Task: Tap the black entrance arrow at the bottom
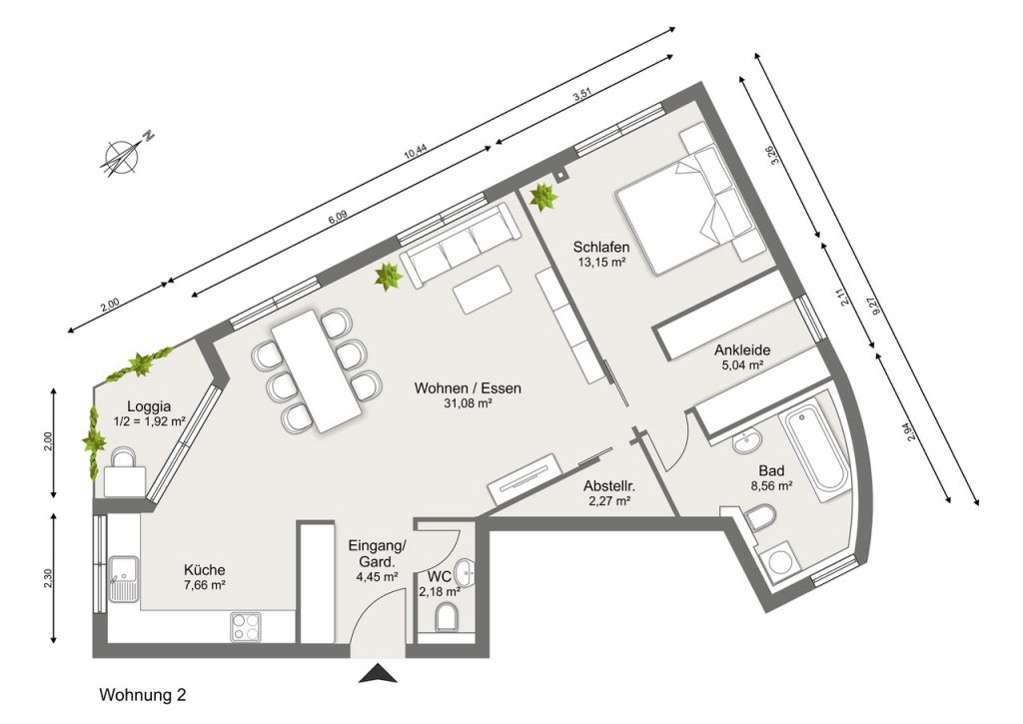tap(378, 673)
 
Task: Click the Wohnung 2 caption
tap(142, 695)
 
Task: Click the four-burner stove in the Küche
tap(246, 627)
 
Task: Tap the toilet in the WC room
tap(447, 618)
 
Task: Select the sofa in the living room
tap(460, 244)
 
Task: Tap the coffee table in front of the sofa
tap(483, 290)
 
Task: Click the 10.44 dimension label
tap(415, 153)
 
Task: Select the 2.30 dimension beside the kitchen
tap(48, 579)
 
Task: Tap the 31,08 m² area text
tap(468, 403)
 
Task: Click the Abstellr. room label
tap(609, 486)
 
